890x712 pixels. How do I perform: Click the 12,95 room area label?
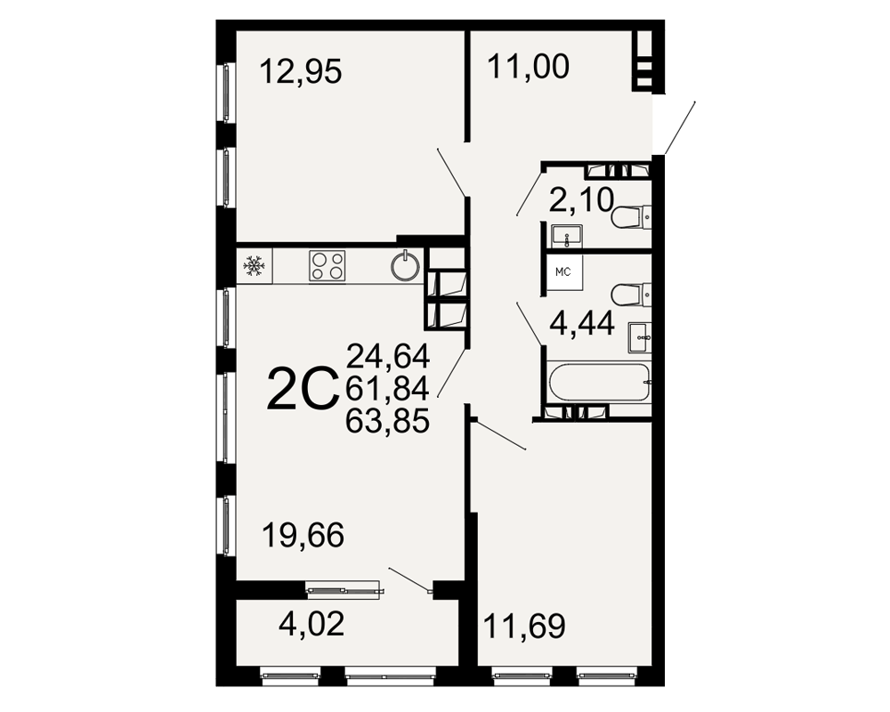301,72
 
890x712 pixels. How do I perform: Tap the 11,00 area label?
529,67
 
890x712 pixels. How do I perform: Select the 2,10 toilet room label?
582,200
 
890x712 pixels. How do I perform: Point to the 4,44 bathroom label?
582,324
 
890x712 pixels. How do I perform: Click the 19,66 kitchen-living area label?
303,536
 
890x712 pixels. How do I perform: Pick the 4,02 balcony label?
311,624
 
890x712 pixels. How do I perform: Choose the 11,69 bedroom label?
524,627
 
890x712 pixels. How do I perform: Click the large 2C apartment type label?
303,389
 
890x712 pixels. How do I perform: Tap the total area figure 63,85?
388,421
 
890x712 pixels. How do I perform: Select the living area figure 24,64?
388,357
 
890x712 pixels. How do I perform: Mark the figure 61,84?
388,389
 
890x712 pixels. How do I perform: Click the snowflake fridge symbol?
255,265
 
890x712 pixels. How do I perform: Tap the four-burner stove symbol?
328,266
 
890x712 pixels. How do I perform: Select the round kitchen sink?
407,266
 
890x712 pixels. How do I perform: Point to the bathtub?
599,382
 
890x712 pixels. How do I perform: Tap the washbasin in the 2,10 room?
566,236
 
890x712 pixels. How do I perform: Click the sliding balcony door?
344,590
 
